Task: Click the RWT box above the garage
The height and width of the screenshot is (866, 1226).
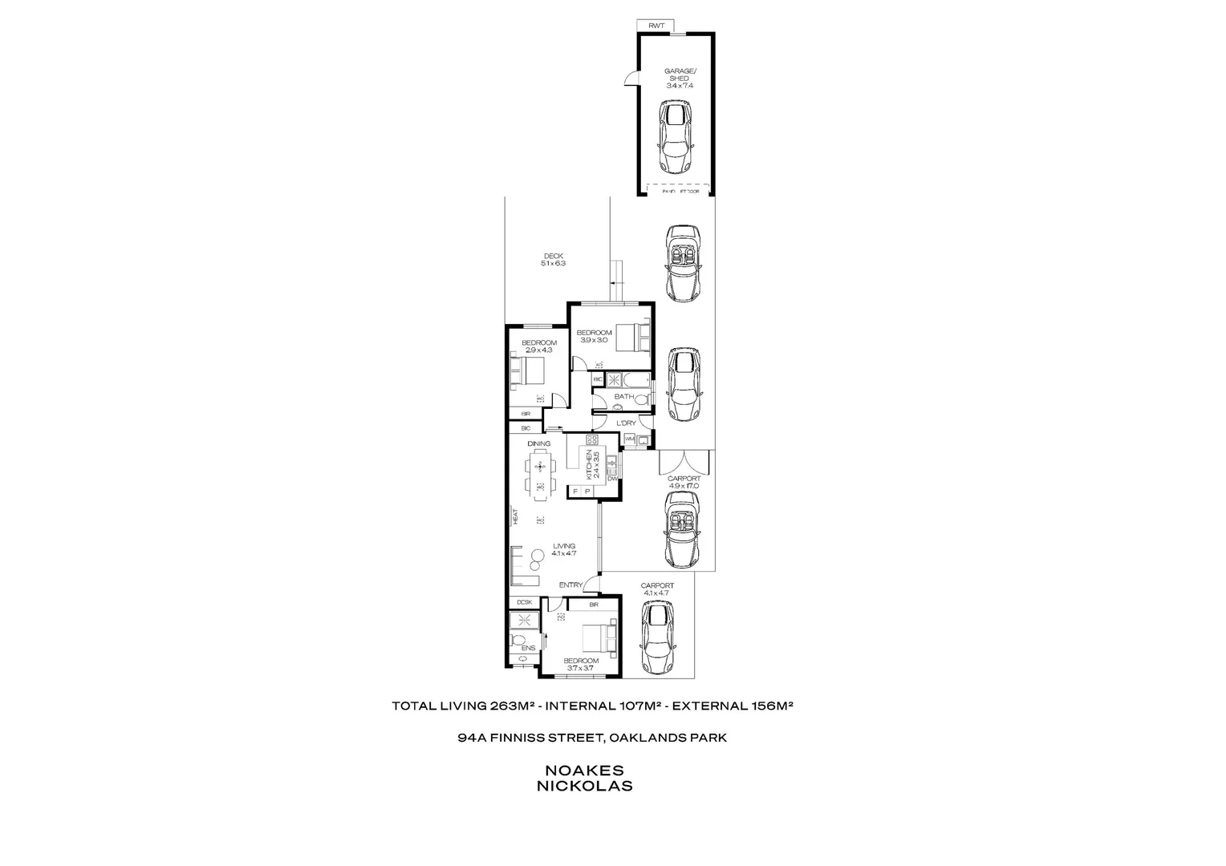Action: [656, 26]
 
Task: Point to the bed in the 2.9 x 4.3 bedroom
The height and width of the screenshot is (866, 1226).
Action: [527, 372]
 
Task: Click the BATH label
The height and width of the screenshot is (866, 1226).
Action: [623, 397]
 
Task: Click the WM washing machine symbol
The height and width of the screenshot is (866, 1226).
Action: [629, 439]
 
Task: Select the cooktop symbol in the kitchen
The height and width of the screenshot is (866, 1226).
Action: [593, 440]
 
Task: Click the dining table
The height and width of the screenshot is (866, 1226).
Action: [539, 471]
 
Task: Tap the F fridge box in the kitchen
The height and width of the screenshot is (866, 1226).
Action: [575, 491]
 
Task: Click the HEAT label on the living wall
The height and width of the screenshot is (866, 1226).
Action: [515, 517]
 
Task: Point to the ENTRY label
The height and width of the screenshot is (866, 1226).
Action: [570, 585]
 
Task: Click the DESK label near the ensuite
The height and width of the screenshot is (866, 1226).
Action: [525, 602]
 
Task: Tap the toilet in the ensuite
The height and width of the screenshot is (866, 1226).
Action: [516, 641]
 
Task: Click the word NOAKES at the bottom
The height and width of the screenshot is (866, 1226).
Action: [583, 770]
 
